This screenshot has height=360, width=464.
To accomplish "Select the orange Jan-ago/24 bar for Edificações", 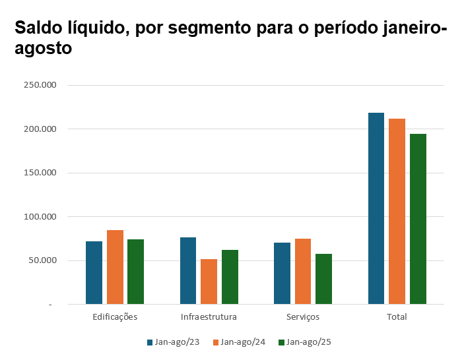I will coord(115,267).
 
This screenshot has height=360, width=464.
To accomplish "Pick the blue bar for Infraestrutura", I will coord(188,270).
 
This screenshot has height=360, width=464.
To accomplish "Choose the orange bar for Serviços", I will coord(303,271).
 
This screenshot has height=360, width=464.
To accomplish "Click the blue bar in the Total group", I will coord(376,208).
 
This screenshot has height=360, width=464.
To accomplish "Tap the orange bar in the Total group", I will coord(397,211).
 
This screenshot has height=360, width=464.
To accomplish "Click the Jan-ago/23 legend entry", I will coord(173,342).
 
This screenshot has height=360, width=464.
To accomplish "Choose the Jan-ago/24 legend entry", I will coord(238,342).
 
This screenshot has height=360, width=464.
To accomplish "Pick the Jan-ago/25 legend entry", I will coord(304,342).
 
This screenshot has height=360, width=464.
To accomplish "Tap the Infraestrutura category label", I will coord(209,317).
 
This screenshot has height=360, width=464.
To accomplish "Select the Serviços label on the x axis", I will coord(303,317).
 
